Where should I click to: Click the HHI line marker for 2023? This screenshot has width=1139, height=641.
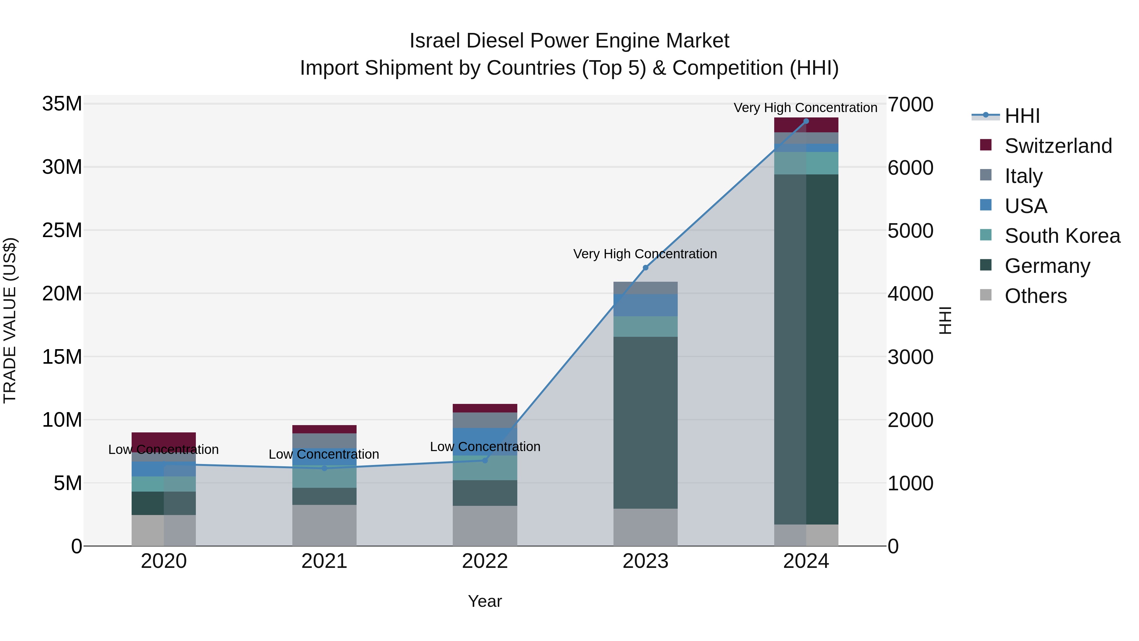point(645,267)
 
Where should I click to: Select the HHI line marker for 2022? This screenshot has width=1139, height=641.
point(485,461)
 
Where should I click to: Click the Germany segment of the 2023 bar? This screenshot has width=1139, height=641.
point(645,423)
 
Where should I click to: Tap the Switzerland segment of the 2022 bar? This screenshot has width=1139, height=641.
point(485,408)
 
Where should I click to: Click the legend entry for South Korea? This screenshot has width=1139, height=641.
point(1062,236)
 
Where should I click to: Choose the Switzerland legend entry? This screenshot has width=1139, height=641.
point(1058,146)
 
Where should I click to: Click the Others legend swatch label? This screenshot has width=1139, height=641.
point(1035,296)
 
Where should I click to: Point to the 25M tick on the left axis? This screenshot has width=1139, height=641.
point(62,230)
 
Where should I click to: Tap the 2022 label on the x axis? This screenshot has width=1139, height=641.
point(485,561)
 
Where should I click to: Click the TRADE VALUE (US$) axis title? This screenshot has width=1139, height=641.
point(10,320)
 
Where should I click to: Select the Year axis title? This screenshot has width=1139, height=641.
point(485,601)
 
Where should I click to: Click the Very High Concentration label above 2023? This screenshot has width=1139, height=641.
point(645,254)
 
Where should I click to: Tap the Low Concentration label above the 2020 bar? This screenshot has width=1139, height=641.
point(163,449)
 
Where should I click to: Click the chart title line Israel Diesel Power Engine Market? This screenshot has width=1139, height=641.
point(569,41)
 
